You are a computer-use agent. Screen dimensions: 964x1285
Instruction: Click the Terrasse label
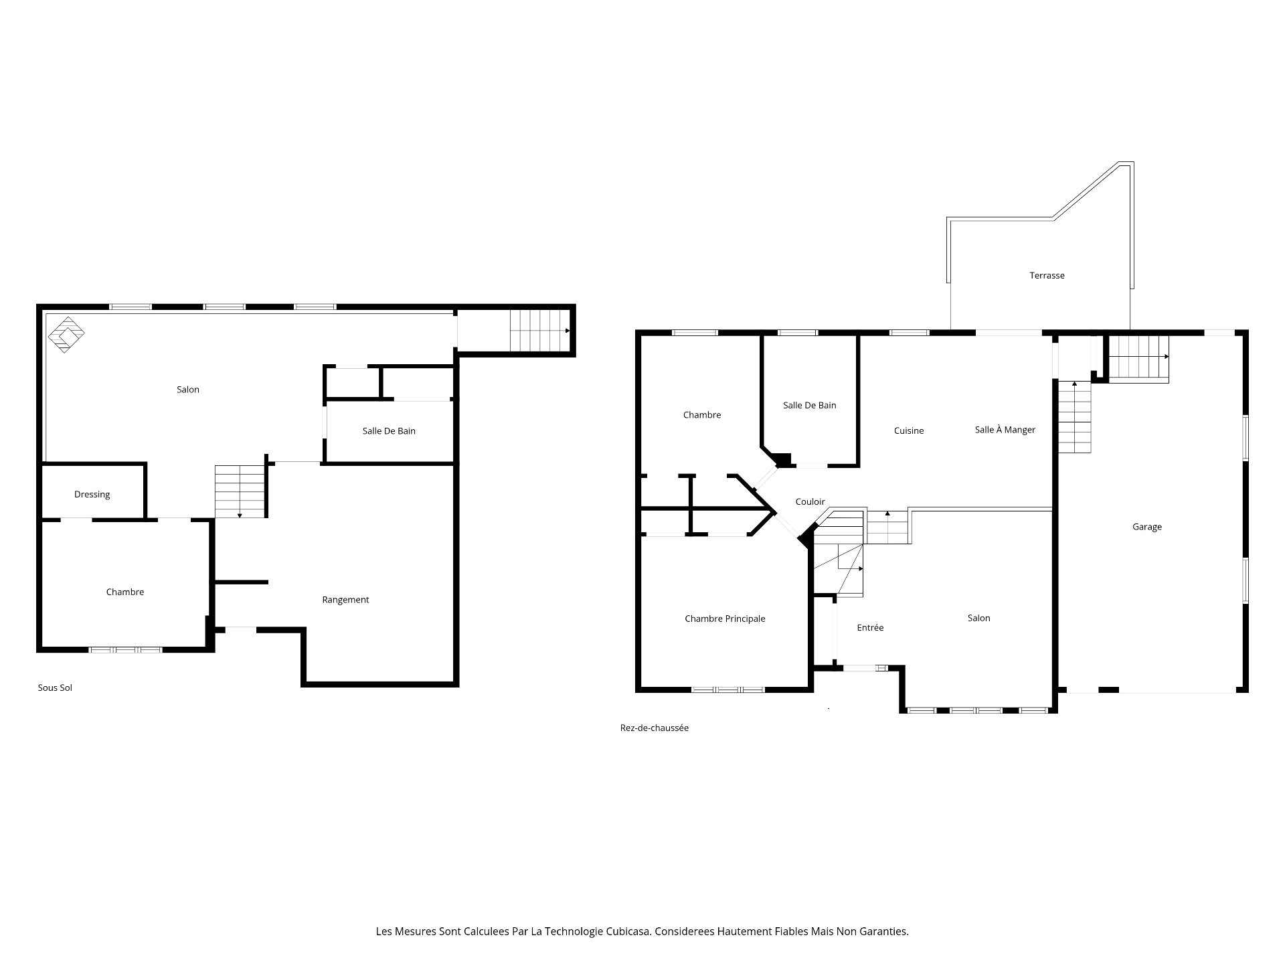(1047, 275)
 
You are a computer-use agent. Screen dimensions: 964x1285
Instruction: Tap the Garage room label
(1146, 527)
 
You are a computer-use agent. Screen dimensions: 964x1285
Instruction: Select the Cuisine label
(908, 430)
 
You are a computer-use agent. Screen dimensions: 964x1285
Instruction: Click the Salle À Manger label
(1005, 430)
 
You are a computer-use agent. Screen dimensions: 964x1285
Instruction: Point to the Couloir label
(810, 501)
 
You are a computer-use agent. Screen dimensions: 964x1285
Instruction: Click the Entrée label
(870, 627)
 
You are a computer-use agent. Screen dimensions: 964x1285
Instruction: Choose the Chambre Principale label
(725, 619)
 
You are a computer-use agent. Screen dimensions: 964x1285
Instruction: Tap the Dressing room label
(92, 494)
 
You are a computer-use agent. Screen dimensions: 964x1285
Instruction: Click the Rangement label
(345, 600)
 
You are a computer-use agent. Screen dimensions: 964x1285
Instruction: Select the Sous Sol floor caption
(55, 688)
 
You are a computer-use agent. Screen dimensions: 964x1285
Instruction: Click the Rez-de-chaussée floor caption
(654, 728)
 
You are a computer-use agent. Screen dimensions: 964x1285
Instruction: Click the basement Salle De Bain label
(389, 431)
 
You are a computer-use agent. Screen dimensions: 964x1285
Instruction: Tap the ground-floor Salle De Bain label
(809, 405)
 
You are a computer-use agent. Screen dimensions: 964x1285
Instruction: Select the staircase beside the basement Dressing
(240, 491)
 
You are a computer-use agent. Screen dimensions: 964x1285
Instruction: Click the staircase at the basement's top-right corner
(539, 330)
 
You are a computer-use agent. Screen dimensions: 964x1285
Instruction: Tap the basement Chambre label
(125, 592)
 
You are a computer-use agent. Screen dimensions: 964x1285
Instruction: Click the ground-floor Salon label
(978, 618)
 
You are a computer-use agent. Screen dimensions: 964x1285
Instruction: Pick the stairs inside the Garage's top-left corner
(1138, 358)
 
